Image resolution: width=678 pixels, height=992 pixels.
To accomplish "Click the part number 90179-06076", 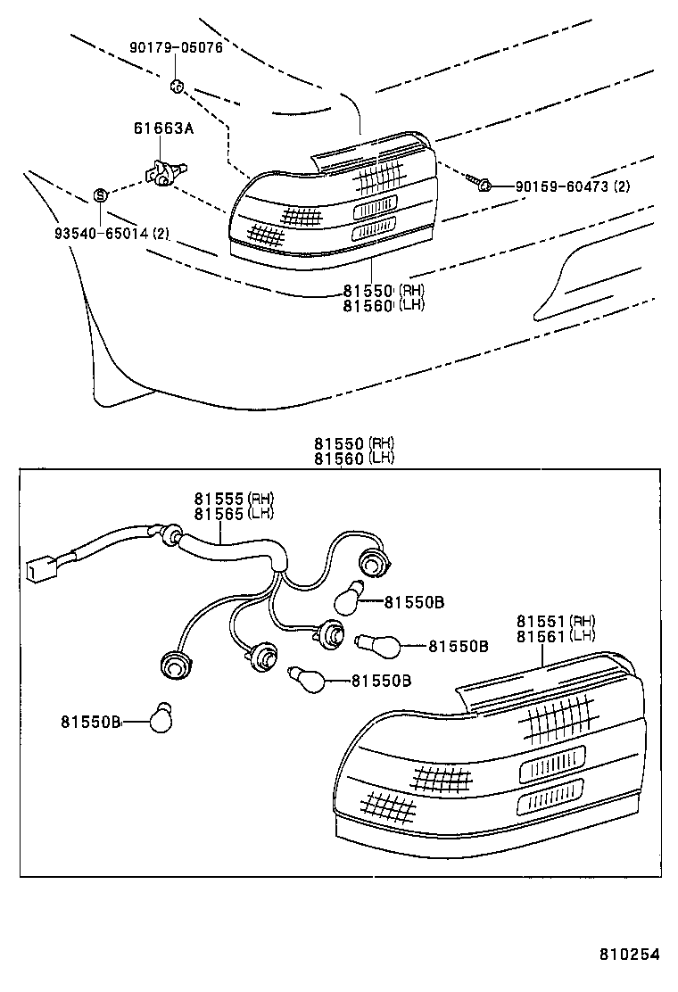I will coord(176,48).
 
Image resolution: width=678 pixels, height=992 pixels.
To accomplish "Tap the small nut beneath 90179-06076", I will coord(177,87).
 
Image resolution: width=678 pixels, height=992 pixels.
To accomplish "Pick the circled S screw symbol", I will coord(101,194).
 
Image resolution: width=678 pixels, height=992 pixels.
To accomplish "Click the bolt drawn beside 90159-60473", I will coord(481,184).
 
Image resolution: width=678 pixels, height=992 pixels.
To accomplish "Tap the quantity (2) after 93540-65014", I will coord(161,235).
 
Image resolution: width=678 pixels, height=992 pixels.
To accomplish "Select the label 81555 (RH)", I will coord(234,499).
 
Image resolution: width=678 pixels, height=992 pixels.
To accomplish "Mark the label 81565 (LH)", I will coord(234,513).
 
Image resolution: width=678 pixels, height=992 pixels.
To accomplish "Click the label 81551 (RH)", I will coord(555,621).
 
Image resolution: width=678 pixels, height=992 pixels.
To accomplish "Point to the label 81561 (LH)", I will coord(555,635).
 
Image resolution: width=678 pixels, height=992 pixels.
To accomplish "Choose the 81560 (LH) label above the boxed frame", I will coord(353,459).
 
